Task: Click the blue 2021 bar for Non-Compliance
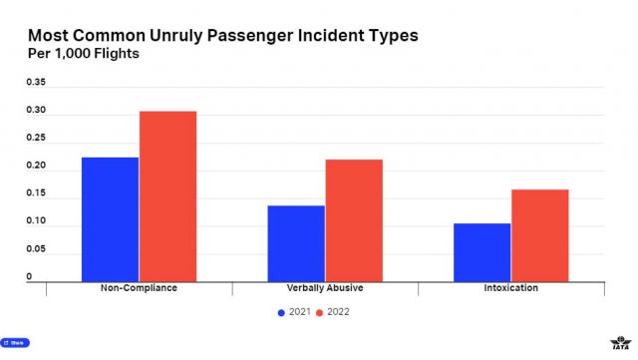[111, 218]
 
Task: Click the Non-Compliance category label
[140, 288]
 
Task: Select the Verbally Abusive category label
[325, 288]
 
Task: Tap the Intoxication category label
[510, 288]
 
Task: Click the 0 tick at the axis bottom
[30, 276]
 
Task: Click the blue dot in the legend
[281, 312]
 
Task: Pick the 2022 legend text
[338, 312]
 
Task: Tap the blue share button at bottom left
[15, 342]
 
